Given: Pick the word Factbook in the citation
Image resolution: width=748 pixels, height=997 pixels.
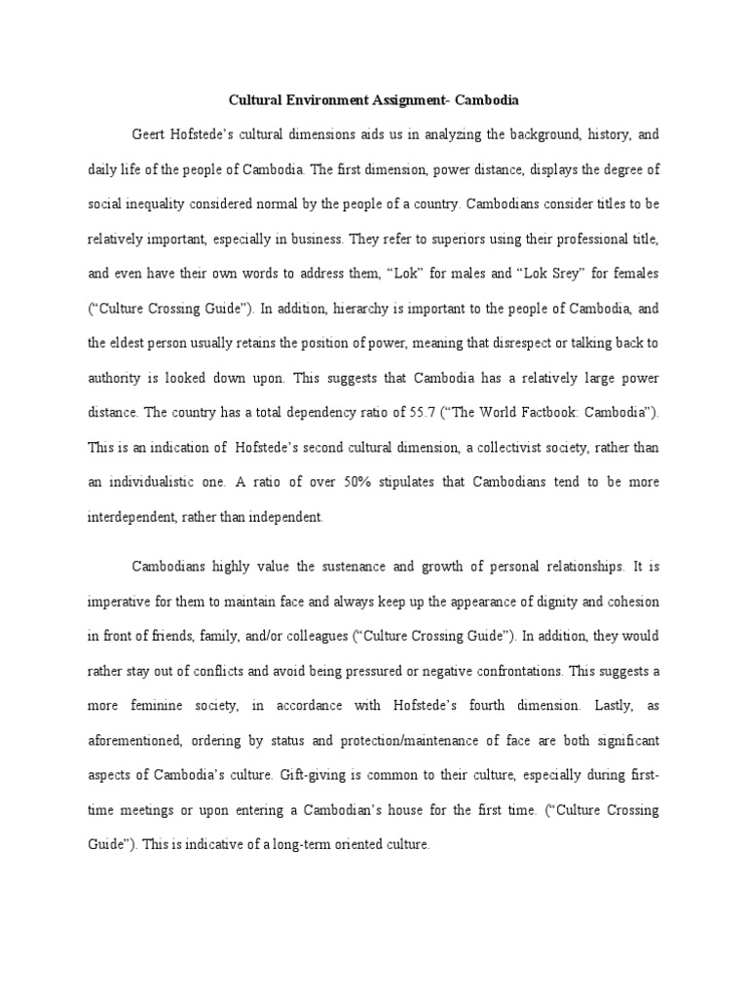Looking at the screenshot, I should pyautogui.click(x=565, y=413).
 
